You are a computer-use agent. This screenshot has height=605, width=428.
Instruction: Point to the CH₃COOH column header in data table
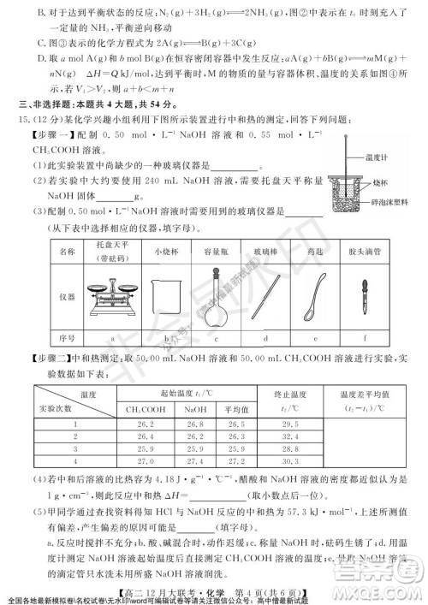[x=145, y=410]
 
